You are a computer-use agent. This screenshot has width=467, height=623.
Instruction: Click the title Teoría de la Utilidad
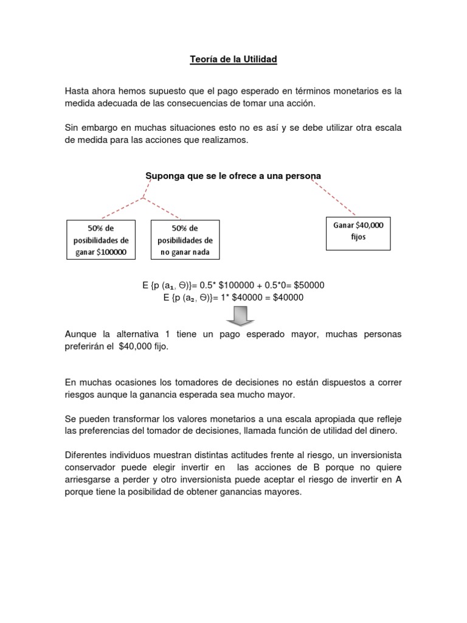coord(233,60)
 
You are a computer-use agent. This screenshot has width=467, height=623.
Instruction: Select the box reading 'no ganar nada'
coord(185,240)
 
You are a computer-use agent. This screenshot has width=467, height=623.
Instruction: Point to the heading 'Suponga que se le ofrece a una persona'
coord(233,176)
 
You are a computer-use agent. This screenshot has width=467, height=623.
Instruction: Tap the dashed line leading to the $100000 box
coord(122,207)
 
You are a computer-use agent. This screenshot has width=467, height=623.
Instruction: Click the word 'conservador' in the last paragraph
coord(91,468)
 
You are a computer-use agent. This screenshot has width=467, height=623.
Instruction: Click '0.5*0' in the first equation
coord(275,285)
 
